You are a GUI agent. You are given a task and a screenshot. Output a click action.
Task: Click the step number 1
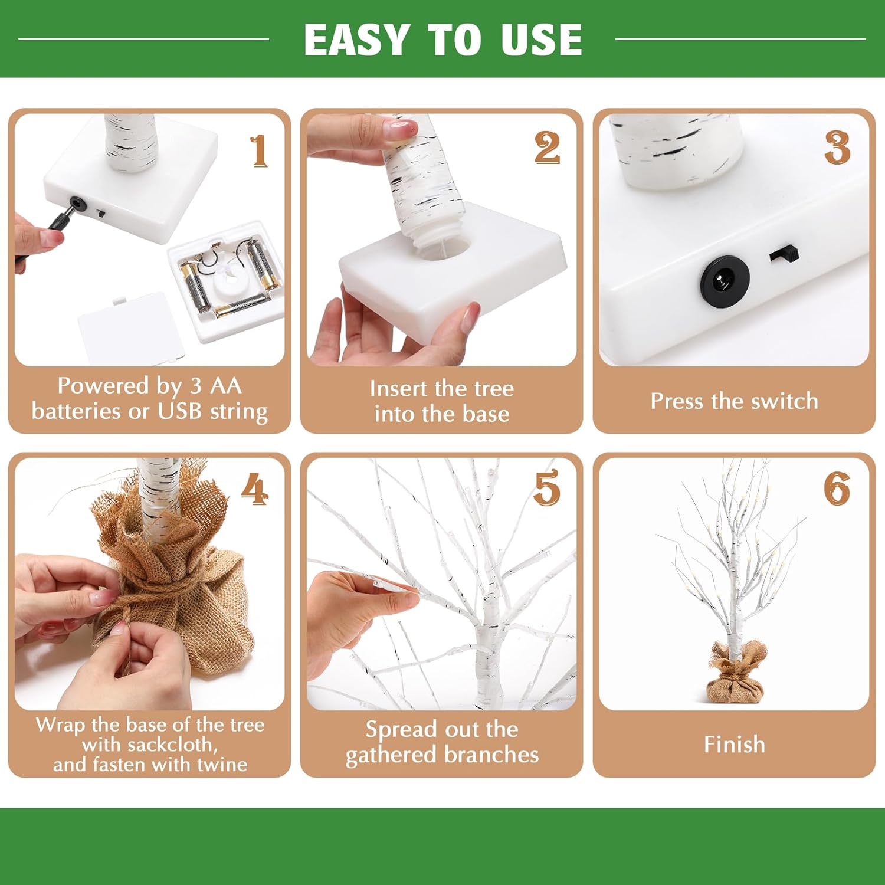click(x=258, y=151)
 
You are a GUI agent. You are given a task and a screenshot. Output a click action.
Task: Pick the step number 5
click(x=546, y=488)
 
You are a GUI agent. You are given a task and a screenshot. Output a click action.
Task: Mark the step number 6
click(x=837, y=489)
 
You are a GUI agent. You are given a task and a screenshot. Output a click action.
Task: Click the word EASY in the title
click(x=356, y=40)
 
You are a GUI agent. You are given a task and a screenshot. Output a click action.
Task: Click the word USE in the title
click(x=542, y=40)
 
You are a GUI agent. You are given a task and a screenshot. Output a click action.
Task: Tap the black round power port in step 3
click(x=725, y=280)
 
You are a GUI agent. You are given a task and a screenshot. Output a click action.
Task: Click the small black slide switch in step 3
click(x=785, y=254)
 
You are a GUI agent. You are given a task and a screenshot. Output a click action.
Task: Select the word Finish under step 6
click(x=734, y=745)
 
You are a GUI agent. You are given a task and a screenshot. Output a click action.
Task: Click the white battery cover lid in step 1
click(x=131, y=327)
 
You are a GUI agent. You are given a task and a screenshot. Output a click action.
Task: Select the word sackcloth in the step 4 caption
click(x=149, y=745)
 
